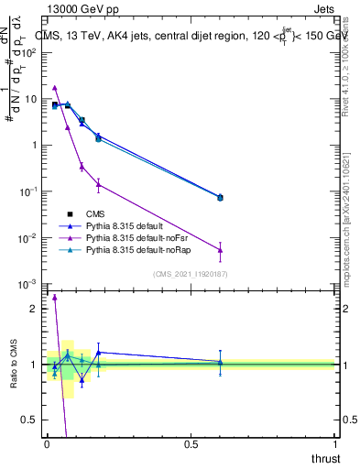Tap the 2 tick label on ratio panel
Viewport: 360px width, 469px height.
(34, 309)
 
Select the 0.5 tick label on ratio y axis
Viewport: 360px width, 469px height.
(30, 420)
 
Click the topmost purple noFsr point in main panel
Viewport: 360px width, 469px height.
(55, 88)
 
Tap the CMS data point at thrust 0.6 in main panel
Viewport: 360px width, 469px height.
(220, 197)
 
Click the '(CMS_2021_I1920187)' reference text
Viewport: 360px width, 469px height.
(191, 274)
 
